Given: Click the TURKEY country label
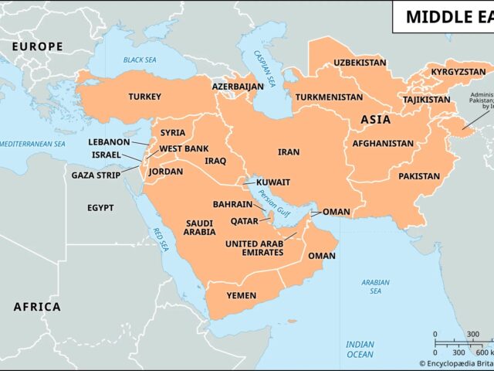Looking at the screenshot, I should click(145, 97).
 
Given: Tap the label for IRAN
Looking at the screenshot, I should click(289, 153).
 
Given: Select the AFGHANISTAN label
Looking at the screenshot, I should click(383, 143).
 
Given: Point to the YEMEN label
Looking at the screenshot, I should click(241, 295).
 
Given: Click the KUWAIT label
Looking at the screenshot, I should click(273, 182).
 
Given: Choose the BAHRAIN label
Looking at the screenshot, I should click(232, 205).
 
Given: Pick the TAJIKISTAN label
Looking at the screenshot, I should click(426, 100).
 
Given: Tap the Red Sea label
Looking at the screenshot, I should click(162, 239).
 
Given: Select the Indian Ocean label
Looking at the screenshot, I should click(360, 349).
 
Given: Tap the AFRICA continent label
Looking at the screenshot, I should click(37, 307).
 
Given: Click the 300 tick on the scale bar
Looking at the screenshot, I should click(475, 334).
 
